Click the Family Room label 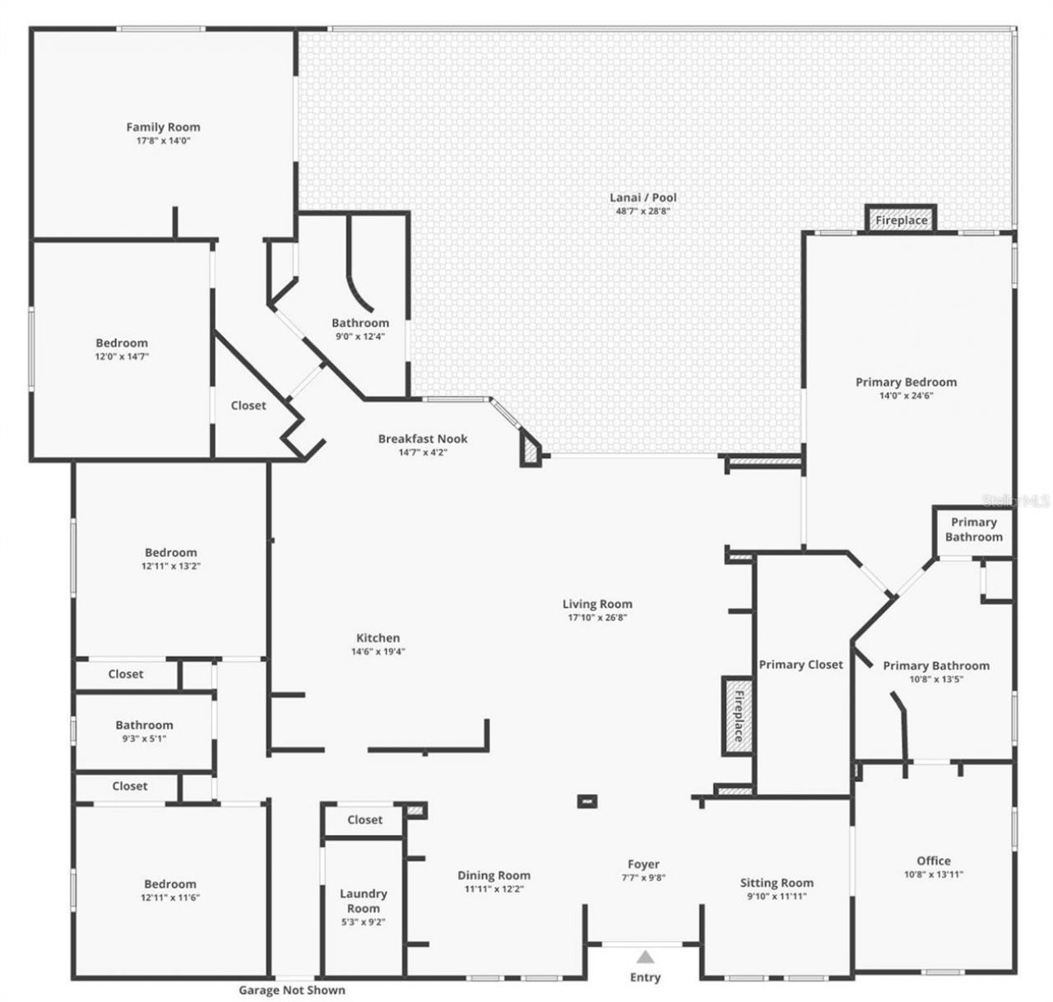click(163, 127)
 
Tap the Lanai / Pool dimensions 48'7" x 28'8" click(642, 211)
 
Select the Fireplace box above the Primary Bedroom click(901, 220)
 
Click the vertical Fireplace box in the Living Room click(737, 716)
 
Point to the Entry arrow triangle click(645, 957)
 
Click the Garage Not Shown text click(291, 990)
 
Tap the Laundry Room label click(363, 901)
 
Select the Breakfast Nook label click(424, 438)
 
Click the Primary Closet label click(800, 665)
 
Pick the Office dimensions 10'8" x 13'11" click(933, 875)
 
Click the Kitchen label click(378, 638)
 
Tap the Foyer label click(642, 864)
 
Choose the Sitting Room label click(776, 883)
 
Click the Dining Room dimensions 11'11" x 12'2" click(494, 889)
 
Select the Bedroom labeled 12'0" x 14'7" click(122, 343)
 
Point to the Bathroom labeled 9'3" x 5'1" click(144, 725)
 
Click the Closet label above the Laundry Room click(364, 819)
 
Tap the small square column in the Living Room click(587, 800)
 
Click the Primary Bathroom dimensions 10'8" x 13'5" click(935, 680)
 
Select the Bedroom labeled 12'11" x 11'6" click(170, 884)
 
